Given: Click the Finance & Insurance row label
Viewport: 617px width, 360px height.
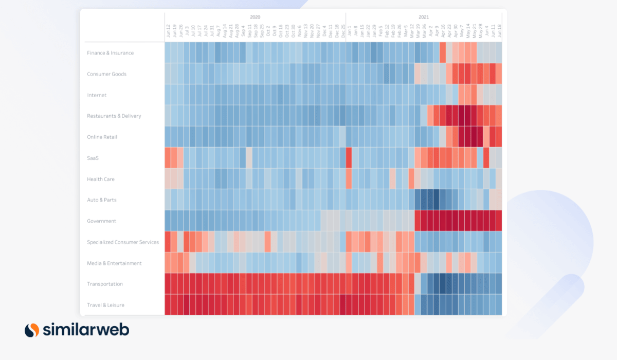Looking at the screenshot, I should click(110, 53).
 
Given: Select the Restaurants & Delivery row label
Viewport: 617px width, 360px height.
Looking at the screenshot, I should click(114, 116).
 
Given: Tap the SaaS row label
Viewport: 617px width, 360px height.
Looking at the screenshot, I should click(93, 158).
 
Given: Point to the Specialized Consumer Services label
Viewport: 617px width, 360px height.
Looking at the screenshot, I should click(123, 242).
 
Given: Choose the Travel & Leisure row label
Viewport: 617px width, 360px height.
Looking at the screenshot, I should click(105, 305).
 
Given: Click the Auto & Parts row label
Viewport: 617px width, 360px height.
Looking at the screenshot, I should click(102, 200).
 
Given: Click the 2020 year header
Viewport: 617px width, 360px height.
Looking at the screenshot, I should click(255, 17).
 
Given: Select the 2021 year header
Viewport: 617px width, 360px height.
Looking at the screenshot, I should click(424, 17).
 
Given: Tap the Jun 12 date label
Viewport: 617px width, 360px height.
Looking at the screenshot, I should click(168, 31).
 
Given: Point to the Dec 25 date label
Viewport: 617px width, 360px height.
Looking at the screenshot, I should click(343, 31).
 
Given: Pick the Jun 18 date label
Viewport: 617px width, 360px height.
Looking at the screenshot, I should click(499, 31).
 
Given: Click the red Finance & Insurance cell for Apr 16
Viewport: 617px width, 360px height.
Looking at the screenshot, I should click(443, 53).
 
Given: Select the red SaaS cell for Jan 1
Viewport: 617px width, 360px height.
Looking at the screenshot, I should click(349, 158).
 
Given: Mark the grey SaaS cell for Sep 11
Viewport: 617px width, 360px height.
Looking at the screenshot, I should click(249, 158).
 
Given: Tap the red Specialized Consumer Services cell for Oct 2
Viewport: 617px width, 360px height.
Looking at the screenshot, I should click(268, 242).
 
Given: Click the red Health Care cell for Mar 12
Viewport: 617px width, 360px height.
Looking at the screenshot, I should click(411, 179).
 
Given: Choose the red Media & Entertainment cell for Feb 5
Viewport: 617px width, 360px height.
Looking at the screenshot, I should click(380, 263).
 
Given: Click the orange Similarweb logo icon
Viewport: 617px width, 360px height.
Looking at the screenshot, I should click(32, 330).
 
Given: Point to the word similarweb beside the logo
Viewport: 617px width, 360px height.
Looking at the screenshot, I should click(86, 330).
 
